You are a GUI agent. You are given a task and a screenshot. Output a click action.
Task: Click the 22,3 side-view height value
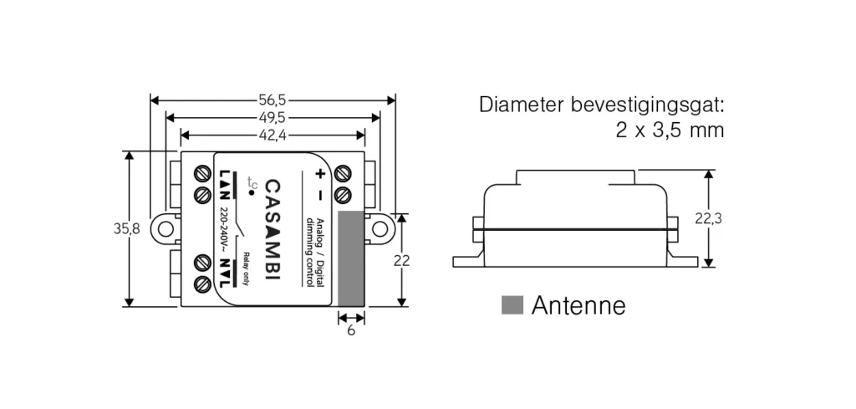pos(708,219)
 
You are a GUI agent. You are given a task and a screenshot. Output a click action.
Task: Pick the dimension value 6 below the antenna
pos(350,330)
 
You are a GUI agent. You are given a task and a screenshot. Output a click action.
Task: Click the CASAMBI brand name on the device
pos(273,228)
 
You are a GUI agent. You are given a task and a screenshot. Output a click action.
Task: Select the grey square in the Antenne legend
pos(512,305)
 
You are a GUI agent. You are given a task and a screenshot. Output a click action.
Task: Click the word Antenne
pos(578,305)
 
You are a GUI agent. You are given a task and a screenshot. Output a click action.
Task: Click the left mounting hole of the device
pos(166,228)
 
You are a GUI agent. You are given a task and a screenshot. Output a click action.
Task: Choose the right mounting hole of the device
pos(381,228)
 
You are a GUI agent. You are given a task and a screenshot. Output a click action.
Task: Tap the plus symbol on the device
pos(319,174)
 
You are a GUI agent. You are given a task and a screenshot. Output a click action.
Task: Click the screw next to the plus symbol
pos(342,173)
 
